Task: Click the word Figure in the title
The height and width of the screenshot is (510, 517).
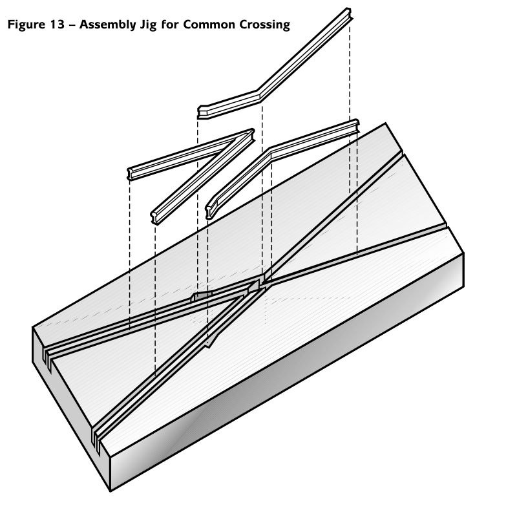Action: [x=26, y=25]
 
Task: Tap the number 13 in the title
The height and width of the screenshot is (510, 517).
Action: [x=58, y=25]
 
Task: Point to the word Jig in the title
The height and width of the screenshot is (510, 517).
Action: [x=148, y=25]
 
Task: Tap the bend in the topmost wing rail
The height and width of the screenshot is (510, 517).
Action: [x=258, y=94]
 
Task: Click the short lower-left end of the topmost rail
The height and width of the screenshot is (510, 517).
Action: [x=202, y=112]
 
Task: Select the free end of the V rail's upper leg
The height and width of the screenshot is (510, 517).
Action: [x=130, y=173]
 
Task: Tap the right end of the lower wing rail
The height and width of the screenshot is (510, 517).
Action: [x=355, y=125]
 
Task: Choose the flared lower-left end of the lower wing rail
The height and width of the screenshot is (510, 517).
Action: [x=209, y=211]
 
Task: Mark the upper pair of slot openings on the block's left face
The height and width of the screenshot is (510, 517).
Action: [x=47, y=359]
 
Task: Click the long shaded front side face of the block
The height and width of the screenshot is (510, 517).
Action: [x=287, y=373]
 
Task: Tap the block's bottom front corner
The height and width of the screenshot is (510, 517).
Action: [x=110, y=491]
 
